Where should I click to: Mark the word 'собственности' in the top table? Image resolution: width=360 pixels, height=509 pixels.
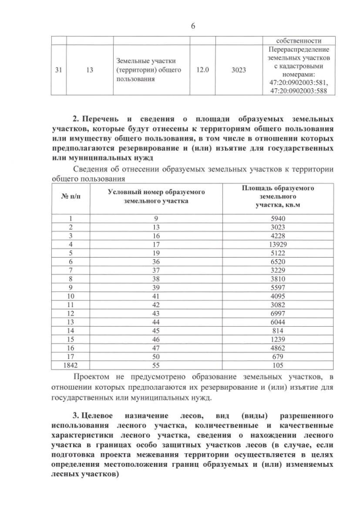(x=299, y=40)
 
